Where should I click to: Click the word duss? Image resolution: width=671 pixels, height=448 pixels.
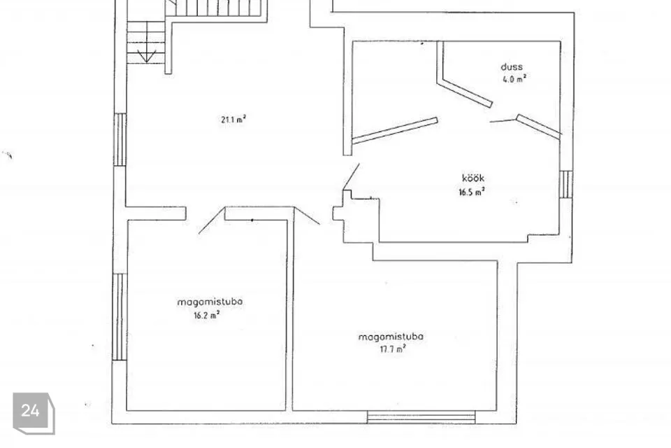click(x=512, y=67)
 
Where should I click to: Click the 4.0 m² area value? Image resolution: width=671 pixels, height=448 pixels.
click(x=514, y=79)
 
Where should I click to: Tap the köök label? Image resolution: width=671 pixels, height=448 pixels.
click(x=473, y=178)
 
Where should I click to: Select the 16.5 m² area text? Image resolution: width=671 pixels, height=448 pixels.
click(x=472, y=192)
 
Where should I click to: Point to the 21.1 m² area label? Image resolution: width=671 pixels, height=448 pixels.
click(x=233, y=119)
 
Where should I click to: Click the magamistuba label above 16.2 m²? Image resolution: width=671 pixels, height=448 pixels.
click(x=210, y=302)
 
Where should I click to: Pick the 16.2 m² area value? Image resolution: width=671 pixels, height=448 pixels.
click(x=207, y=316)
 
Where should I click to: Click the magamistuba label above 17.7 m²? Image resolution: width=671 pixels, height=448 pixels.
click(x=391, y=337)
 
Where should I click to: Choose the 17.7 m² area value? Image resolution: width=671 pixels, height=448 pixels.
click(x=392, y=349)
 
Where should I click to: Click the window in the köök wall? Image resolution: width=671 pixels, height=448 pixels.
click(x=565, y=184)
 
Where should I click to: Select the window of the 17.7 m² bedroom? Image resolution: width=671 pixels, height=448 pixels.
click(x=421, y=417)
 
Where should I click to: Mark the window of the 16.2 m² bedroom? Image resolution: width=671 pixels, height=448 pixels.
click(x=120, y=317)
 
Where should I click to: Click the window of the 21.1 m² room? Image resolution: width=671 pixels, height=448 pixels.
click(x=120, y=139)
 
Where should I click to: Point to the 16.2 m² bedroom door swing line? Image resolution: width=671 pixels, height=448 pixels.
click(x=212, y=220)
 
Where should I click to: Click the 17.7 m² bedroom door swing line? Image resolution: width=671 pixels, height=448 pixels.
click(x=307, y=216)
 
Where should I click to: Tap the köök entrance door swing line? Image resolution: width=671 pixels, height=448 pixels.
click(x=352, y=176)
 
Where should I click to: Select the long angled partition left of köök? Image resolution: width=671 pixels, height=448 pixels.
click(x=394, y=130)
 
